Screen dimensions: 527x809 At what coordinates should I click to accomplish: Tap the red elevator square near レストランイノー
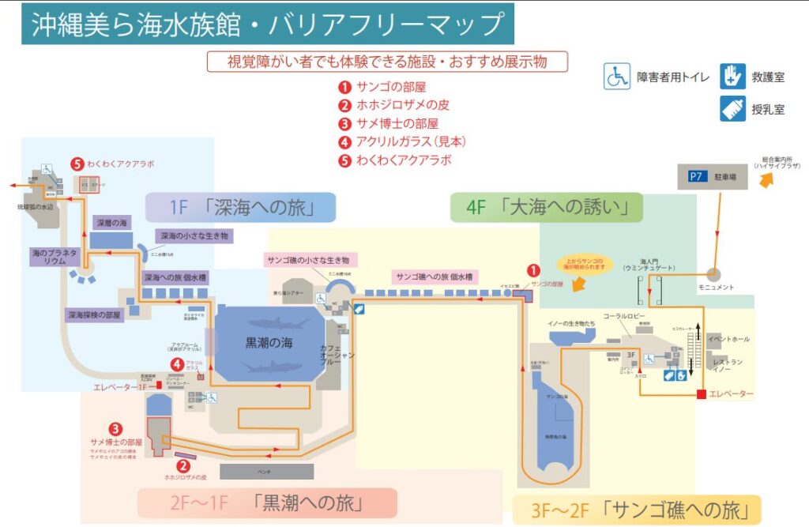700,393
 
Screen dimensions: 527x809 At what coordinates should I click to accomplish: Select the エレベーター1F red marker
159,385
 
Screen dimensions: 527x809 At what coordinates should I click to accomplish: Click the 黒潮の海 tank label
269,344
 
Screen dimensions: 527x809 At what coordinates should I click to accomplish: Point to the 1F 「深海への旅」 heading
241,208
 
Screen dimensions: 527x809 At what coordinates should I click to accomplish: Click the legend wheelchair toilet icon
617,77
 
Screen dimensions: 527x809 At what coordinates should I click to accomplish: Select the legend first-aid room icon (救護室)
732,77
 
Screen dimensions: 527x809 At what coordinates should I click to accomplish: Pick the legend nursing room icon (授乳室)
732,108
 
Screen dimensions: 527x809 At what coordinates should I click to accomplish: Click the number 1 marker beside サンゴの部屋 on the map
532,270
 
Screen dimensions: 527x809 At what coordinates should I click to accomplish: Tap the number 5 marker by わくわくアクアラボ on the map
77,164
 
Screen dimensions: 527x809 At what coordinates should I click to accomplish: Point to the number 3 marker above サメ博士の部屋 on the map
115,428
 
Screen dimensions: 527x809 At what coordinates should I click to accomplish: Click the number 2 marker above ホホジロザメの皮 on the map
183,465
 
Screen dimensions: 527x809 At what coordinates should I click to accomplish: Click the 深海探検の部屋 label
94,314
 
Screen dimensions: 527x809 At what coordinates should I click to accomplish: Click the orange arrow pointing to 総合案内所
766,181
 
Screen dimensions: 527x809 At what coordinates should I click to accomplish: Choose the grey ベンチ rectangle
266,472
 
